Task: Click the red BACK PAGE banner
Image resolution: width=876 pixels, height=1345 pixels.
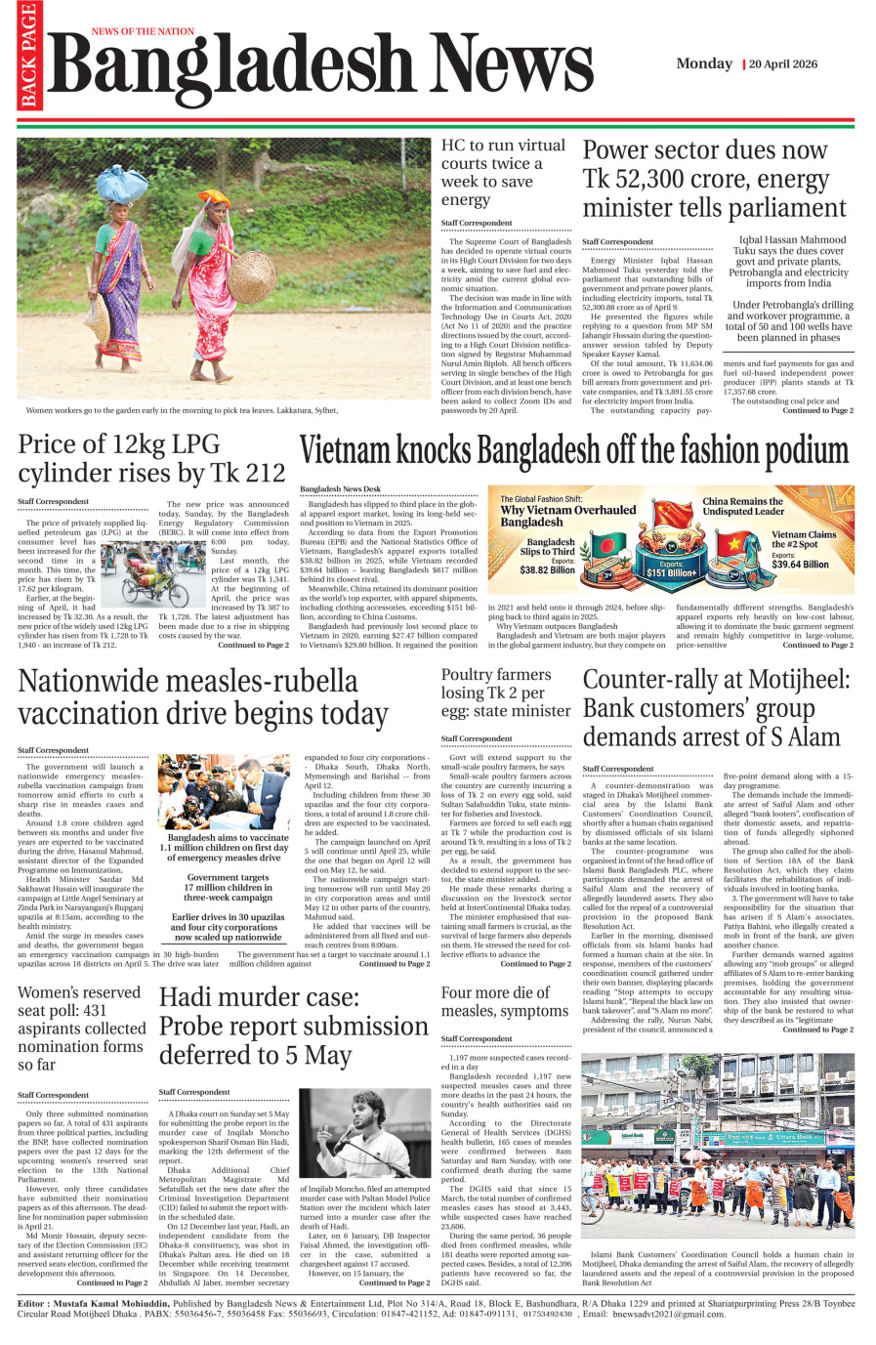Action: click(28, 56)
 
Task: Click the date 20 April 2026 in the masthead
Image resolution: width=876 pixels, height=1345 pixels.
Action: click(783, 64)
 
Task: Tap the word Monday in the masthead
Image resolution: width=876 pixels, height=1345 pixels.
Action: click(703, 63)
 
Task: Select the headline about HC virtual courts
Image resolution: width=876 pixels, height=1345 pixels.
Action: click(502, 172)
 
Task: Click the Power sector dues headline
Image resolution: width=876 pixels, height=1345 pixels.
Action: click(714, 179)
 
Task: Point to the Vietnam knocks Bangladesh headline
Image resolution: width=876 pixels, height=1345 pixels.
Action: click(573, 451)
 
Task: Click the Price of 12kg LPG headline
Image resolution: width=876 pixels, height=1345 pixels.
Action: click(151, 459)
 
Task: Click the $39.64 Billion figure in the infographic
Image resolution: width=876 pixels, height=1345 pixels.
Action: click(800, 564)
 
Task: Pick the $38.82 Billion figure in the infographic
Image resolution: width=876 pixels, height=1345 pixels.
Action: click(547, 569)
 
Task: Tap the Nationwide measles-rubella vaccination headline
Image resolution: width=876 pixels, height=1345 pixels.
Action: click(203, 696)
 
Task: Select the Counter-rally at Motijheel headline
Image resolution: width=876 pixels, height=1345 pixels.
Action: click(716, 708)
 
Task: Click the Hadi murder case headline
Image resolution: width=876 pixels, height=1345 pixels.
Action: click(293, 1026)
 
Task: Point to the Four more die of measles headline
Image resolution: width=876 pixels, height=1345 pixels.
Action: click(504, 1001)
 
